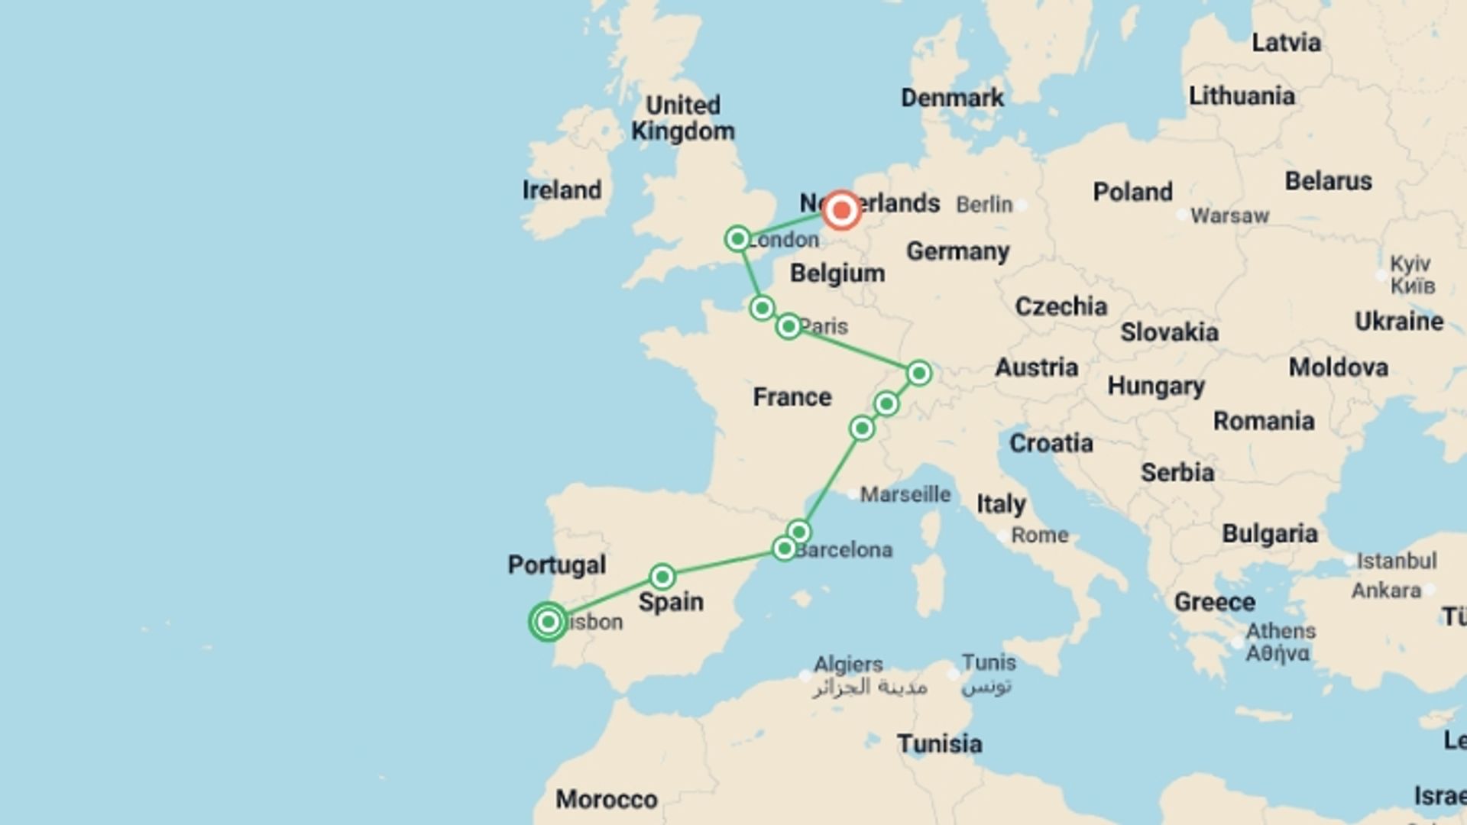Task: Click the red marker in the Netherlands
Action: coord(841,210)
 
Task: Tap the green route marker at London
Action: coord(737,239)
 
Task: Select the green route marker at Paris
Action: coord(789,327)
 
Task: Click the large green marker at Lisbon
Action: coord(548,622)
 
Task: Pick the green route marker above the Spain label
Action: coord(662,576)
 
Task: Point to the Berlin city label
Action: coord(984,205)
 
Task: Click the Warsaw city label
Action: coord(1229,216)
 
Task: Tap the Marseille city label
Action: coord(905,494)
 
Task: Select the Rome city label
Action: coord(1039,535)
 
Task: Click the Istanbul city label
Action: coord(1396,561)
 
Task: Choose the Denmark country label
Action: coord(952,98)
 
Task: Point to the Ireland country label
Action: coord(562,190)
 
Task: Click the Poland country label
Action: coord(1132,192)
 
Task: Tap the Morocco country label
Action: coord(607,799)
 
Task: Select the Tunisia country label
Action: coord(939,743)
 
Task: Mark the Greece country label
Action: coord(1214,602)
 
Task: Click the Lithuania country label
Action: coord(1242,96)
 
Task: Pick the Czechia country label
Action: coord(1061,306)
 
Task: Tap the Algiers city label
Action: coord(848,664)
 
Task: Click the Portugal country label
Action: coord(557,565)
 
